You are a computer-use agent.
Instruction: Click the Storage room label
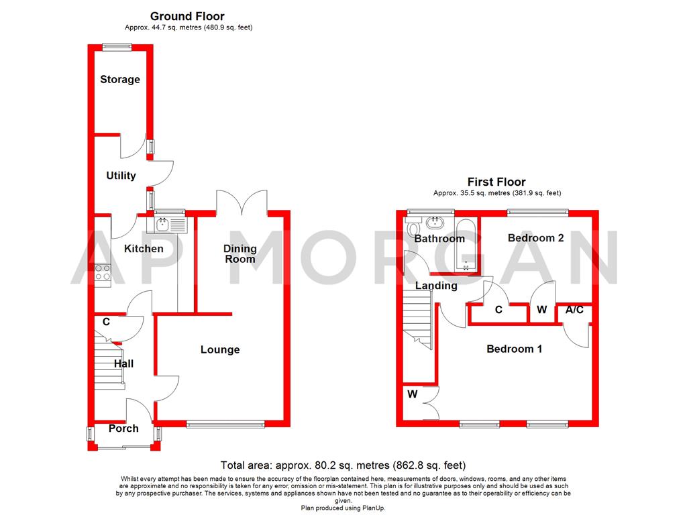[120, 79]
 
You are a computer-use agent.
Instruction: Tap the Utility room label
[121, 176]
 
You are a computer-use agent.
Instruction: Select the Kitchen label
[144, 249]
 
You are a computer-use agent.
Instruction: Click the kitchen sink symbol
[170, 222]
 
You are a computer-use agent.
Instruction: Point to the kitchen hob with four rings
[103, 272]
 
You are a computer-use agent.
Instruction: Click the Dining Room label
[240, 253]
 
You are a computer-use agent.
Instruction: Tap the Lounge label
[220, 349]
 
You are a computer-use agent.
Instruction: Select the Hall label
[123, 363]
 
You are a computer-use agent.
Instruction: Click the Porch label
[123, 428]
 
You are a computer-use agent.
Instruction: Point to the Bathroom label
[439, 239]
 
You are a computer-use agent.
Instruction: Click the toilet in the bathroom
[412, 229]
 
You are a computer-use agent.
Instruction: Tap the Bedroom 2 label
[535, 238]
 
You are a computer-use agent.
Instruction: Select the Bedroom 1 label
[515, 349]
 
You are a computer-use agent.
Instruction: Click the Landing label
[436, 286]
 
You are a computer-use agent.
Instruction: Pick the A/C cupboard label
[574, 310]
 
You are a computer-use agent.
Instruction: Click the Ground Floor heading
[187, 16]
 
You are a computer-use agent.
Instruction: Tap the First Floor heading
[496, 182]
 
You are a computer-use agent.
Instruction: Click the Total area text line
[343, 465]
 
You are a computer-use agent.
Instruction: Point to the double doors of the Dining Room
[242, 201]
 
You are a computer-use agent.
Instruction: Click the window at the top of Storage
[117, 46]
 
